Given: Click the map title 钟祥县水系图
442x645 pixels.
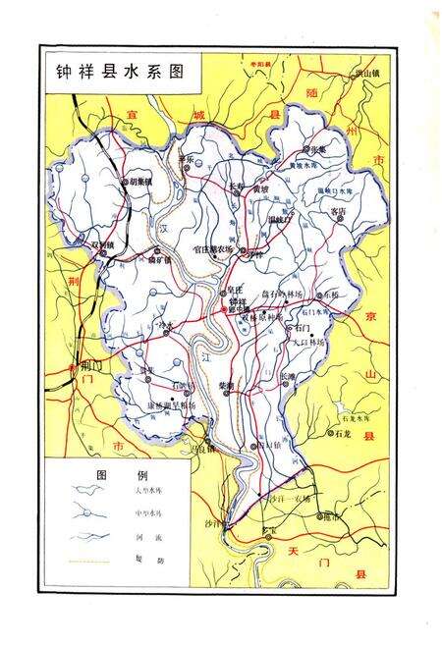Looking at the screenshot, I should [x=119, y=71].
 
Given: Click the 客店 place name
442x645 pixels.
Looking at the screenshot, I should [x=338, y=210].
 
